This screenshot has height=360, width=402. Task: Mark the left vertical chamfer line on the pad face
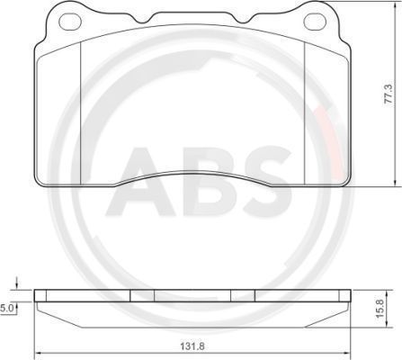81,112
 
